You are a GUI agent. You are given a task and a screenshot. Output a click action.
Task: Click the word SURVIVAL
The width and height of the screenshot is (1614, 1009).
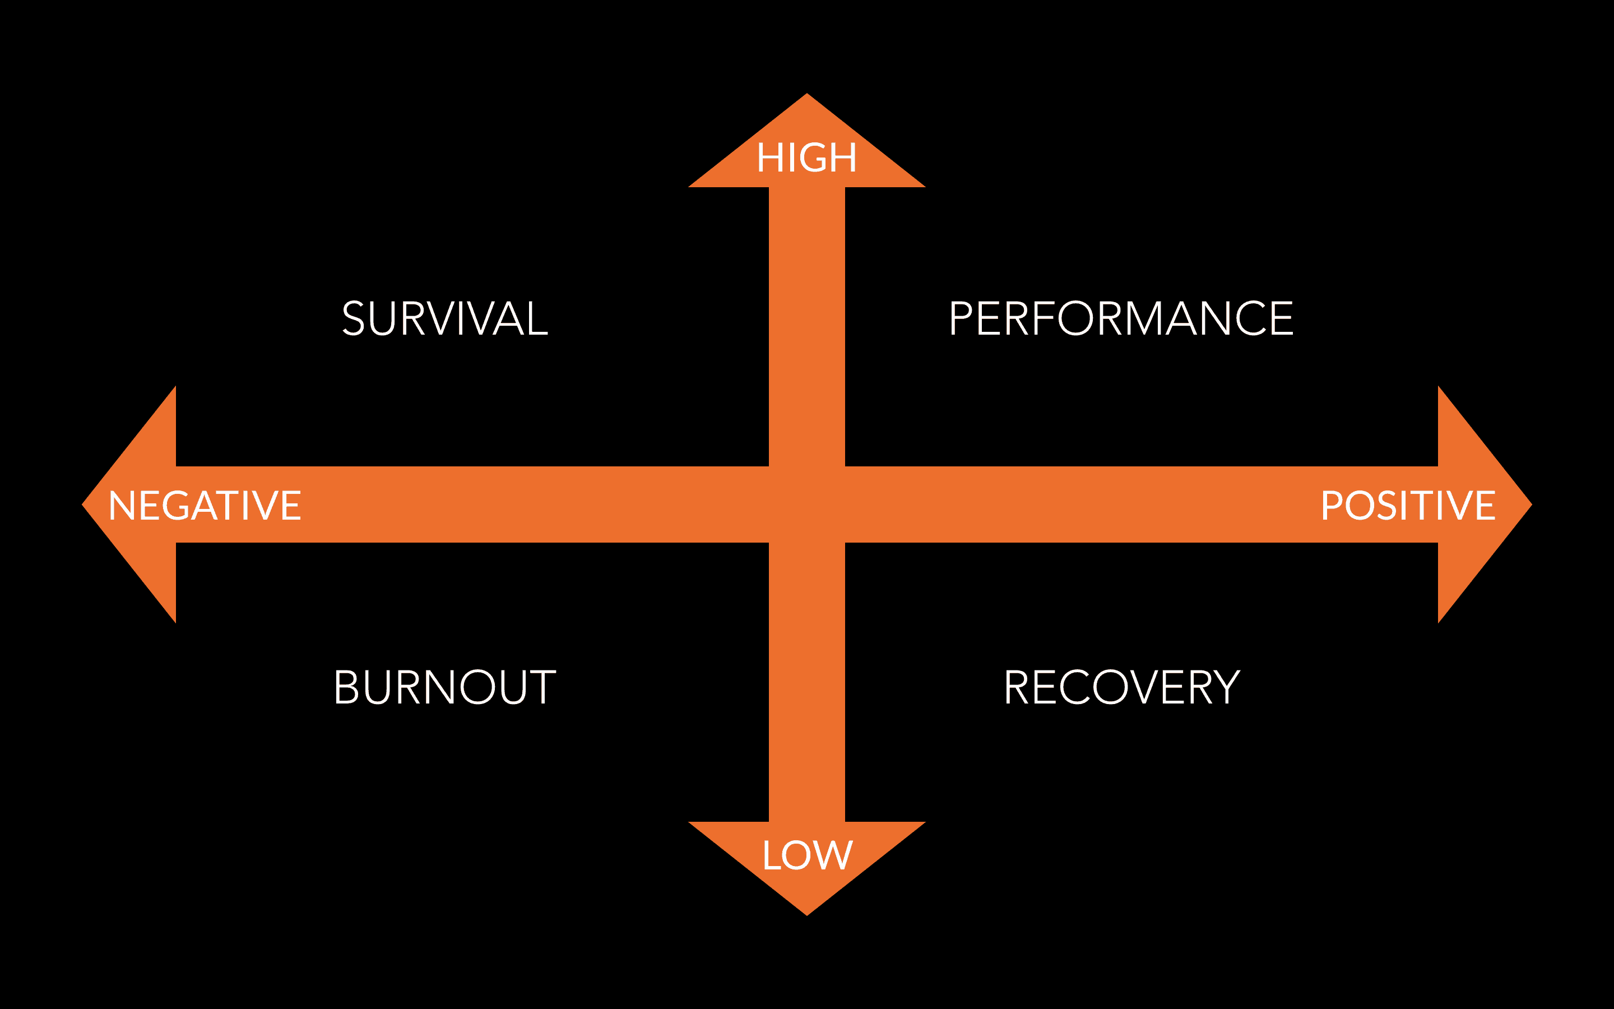pyautogui.click(x=445, y=318)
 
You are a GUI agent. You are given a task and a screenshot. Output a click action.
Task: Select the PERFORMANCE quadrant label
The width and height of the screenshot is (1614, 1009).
pyautogui.click(x=1120, y=318)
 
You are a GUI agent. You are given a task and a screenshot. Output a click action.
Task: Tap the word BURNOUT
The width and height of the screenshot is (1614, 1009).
pyautogui.click(x=445, y=687)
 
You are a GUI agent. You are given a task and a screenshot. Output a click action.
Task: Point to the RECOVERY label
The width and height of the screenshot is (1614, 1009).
pyautogui.click(x=1122, y=687)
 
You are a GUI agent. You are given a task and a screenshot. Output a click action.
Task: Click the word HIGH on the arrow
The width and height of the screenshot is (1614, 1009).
pyautogui.click(x=806, y=158)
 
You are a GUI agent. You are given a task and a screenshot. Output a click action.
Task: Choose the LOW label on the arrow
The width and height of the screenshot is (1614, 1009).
pyautogui.click(x=807, y=855)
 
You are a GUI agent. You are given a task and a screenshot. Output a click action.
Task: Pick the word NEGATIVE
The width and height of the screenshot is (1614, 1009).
pyautogui.click(x=205, y=505)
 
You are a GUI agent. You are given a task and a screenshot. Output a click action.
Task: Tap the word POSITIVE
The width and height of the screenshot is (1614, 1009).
pyautogui.click(x=1408, y=505)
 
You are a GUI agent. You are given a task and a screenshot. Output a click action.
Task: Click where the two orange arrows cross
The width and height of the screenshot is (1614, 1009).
pyautogui.click(x=807, y=504)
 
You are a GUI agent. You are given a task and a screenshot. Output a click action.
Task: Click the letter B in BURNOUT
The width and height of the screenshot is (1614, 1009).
pyautogui.click(x=347, y=687)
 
